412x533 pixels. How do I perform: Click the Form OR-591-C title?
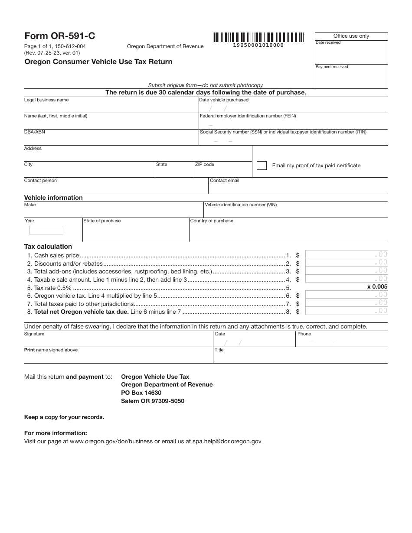[59, 36]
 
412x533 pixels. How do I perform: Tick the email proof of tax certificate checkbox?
[262, 166]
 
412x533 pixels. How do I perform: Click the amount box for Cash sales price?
[347, 254]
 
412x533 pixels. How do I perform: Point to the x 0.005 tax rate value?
[377, 287]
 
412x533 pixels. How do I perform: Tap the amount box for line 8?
[347, 311]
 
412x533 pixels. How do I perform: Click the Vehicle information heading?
[53, 198]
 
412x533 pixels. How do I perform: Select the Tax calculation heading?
[48, 247]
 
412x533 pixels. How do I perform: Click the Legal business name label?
[46, 100]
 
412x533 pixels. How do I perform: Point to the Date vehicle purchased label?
[224, 100]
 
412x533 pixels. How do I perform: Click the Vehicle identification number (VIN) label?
[241, 205]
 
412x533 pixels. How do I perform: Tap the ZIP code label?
[205, 165]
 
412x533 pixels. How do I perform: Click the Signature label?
[34, 334]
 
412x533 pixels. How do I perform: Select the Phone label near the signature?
[304, 334]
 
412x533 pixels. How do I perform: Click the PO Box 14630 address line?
[141, 393]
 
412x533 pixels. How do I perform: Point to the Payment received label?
[332, 67]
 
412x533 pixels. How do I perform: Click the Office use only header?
[351, 36]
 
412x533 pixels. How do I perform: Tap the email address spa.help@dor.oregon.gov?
[227, 441]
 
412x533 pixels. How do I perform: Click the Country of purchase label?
[212, 221]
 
